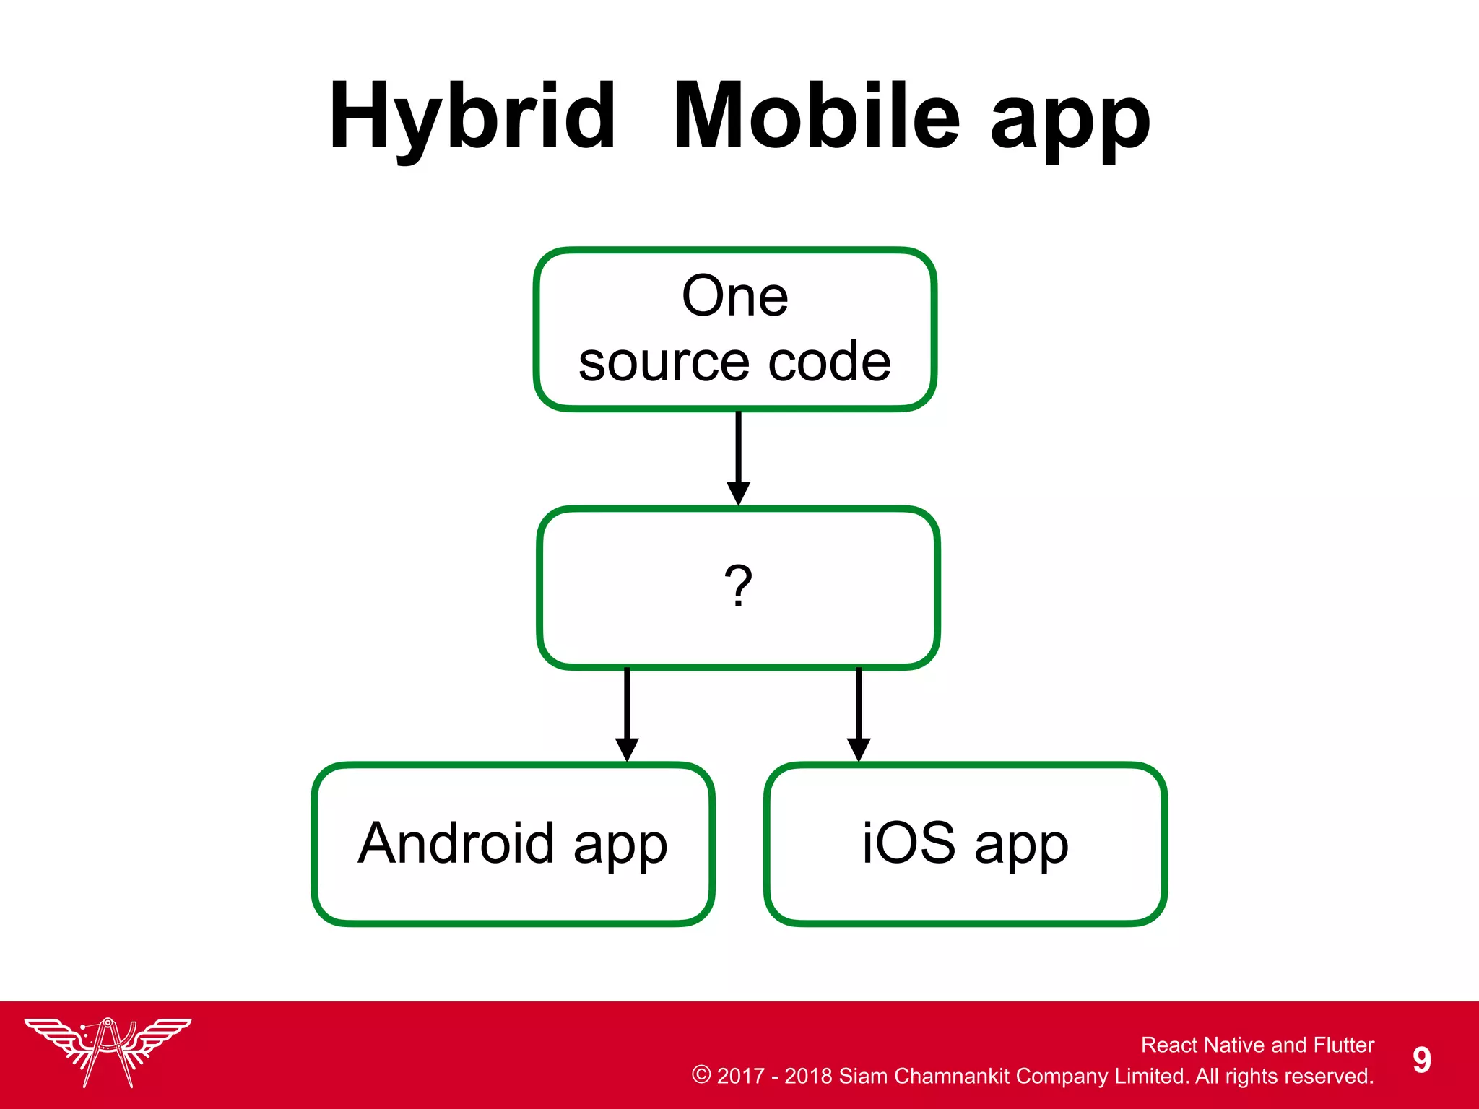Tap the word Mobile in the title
click(x=816, y=117)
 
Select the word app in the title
click(x=1070, y=123)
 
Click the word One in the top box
click(x=735, y=296)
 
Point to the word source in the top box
click(x=663, y=362)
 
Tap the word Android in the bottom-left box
click(x=456, y=843)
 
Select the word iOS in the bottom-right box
click(x=908, y=843)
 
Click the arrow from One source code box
click(x=738, y=458)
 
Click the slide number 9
click(x=1421, y=1060)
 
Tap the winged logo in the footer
click(x=108, y=1051)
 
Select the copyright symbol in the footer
click(x=701, y=1074)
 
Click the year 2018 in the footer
click(x=808, y=1076)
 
